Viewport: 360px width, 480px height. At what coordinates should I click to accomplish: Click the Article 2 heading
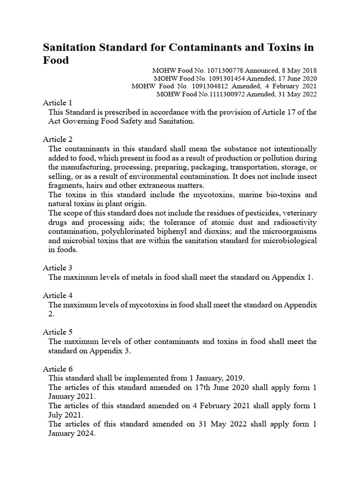tap(58, 139)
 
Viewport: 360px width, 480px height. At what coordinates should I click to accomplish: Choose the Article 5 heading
tap(58, 332)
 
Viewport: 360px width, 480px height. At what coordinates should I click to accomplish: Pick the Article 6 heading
tap(58, 369)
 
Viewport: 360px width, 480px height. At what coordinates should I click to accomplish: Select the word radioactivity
tap(295, 222)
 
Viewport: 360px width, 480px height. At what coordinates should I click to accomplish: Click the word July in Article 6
tap(56, 415)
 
